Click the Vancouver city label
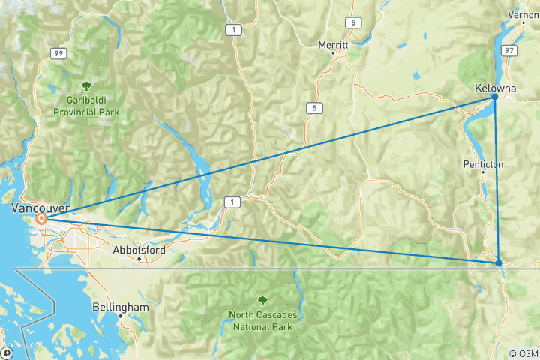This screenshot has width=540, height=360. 41,208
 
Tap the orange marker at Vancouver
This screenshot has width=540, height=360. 43,220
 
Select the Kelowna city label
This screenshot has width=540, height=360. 496,88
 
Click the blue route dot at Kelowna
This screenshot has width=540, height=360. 495,97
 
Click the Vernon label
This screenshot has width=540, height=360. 523,14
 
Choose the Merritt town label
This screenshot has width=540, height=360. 334,45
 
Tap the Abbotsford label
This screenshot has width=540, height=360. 138,250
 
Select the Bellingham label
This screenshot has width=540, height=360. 121,307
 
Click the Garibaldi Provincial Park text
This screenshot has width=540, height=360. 86,106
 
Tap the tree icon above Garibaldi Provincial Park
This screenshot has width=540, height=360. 86,86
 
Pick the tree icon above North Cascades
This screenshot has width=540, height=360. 261,300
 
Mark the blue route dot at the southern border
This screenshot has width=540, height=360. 499,262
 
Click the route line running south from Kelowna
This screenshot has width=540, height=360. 496,180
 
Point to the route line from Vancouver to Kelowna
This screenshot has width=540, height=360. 270,158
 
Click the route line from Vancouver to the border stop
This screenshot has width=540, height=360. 270,241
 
